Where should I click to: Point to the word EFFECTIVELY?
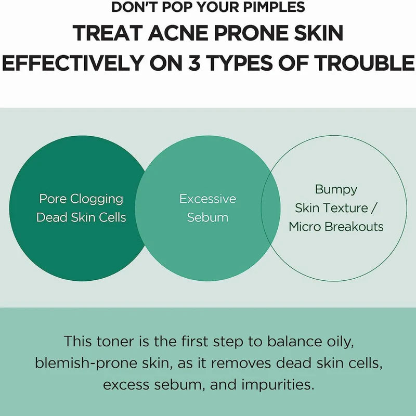(x=72, y=63)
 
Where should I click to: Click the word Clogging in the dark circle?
(x=97, y=199)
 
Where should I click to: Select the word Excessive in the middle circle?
(x=207, y=199)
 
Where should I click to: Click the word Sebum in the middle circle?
(x=207, y=217)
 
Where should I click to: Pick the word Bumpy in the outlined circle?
(x=336, y=190)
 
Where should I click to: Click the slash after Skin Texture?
(x=373, y=207)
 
